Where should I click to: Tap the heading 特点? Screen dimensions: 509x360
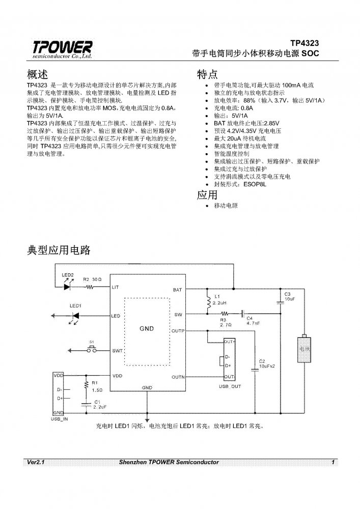(207, 74)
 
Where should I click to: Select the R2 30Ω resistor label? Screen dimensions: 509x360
(93, 280)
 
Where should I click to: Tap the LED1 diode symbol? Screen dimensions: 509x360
(75, 316)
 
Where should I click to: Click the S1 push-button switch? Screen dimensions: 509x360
(93, 350)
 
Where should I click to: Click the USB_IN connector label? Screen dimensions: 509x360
(60, 418)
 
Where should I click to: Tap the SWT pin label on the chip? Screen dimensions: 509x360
(116, 351)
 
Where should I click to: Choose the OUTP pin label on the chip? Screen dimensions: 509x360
(178, 330)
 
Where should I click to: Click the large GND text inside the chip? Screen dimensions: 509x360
(147, 329)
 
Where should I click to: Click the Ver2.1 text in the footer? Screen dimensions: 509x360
(37, 462)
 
